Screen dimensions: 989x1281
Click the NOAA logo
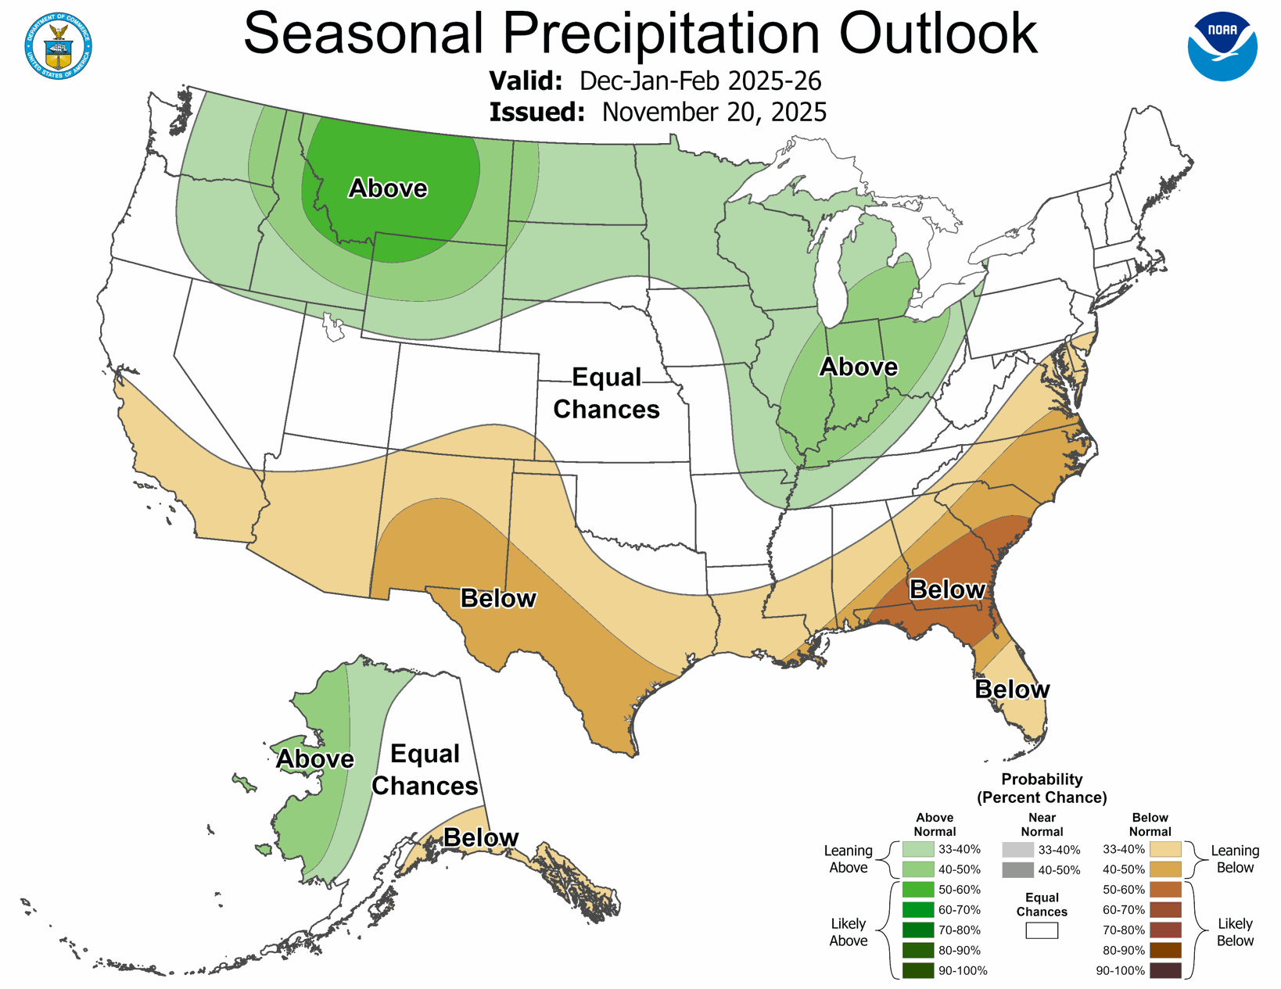click(x=1222, y=46)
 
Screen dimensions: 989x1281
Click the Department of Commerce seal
click(x=59, y=46)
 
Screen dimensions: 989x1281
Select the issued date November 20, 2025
click(x=713, y=112)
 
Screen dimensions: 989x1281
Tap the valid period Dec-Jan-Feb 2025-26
click(x=700, y=81)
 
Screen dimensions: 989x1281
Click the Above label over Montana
click(x=388, y=188)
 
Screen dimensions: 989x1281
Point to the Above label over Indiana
click(x=858, y=367)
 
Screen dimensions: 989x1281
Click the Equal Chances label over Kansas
click(x=606, y=393)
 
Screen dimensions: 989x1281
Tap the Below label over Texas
click(x=498, y=598)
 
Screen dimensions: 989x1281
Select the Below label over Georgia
click(x=947, y=589)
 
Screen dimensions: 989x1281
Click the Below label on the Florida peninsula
click(x=1012, y=690)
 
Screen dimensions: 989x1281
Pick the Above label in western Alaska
click(x=315, y=759)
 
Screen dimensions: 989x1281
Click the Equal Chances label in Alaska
click(x=425, y=770)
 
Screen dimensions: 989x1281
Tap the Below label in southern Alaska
click(x=480, y=838)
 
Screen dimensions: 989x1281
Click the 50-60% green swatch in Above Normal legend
click(x=918, y=890)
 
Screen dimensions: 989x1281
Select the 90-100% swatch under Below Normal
click(x=1165, y=971)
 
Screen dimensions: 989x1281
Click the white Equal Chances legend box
click(x=1042, y=930)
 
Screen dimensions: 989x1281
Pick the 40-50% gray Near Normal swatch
click(x=1017, y=870)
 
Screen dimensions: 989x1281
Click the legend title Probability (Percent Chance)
click(x=1042, y=788)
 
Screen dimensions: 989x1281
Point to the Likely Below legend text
click(x=1235, y=932)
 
